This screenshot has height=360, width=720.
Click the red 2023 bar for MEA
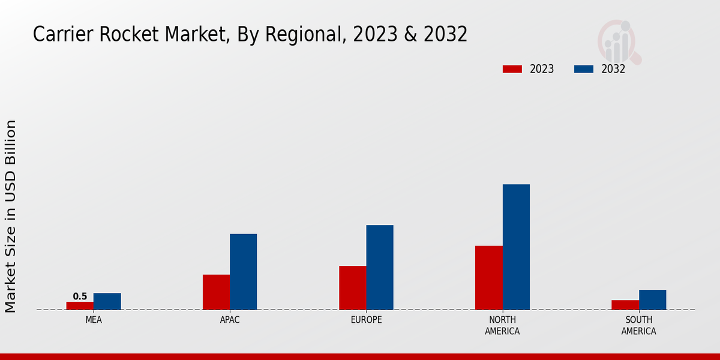(80, 305)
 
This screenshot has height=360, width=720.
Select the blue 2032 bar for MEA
(107, 301)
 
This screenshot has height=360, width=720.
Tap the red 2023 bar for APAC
(216, 292)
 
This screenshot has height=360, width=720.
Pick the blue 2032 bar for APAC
(243, 272)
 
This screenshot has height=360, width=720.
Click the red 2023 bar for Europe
(352, 287)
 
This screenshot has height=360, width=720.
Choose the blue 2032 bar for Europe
(380, 268)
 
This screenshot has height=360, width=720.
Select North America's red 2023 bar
(488, 278)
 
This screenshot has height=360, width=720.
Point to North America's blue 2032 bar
(516, 247)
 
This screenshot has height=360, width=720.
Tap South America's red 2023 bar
(625, 305)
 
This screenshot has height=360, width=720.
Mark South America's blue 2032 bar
(652, 299)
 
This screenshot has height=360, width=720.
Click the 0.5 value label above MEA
(80, 296)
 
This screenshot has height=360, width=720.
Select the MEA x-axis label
(94, 320)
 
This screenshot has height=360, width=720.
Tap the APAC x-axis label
(230, 320)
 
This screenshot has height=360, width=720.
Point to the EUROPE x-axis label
(366, 320)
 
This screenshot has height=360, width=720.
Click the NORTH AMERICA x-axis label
(502, 325)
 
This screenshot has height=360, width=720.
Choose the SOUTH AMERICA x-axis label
(638, 325)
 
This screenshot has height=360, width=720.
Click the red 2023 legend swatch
(512, 69)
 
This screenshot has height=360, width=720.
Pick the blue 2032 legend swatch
(584, 69)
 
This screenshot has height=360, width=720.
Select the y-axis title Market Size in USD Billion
(11, 216)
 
